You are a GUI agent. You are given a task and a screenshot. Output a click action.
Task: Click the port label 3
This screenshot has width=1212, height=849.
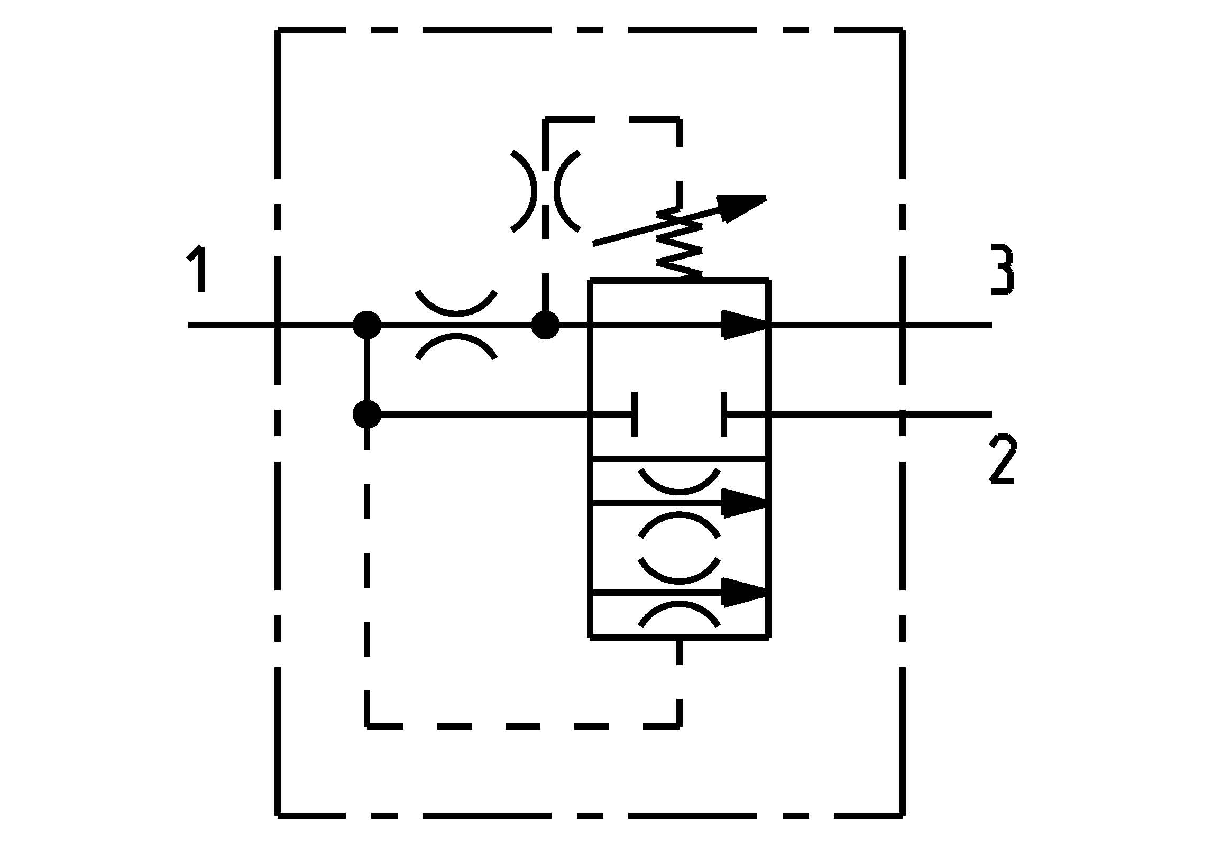click(x=1002, y=269)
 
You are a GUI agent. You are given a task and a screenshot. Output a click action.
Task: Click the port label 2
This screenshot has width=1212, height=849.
click(x=1002, y=459)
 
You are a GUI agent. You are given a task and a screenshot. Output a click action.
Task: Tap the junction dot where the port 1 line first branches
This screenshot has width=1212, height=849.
click(x=366, y=325)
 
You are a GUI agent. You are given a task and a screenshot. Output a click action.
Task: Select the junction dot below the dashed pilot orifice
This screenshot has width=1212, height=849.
click(x=545, y=325)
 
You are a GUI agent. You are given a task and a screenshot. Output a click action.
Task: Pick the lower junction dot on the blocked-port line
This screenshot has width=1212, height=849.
click(x=366, y=414)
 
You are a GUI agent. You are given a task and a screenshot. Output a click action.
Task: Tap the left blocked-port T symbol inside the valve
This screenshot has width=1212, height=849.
click(x=633, y=414)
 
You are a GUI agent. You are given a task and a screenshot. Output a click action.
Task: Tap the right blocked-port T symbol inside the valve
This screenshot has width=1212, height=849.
click(x=724, y=414)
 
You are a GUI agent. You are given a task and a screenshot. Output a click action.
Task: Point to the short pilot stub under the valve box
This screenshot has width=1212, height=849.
click(x=679, y=653)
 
